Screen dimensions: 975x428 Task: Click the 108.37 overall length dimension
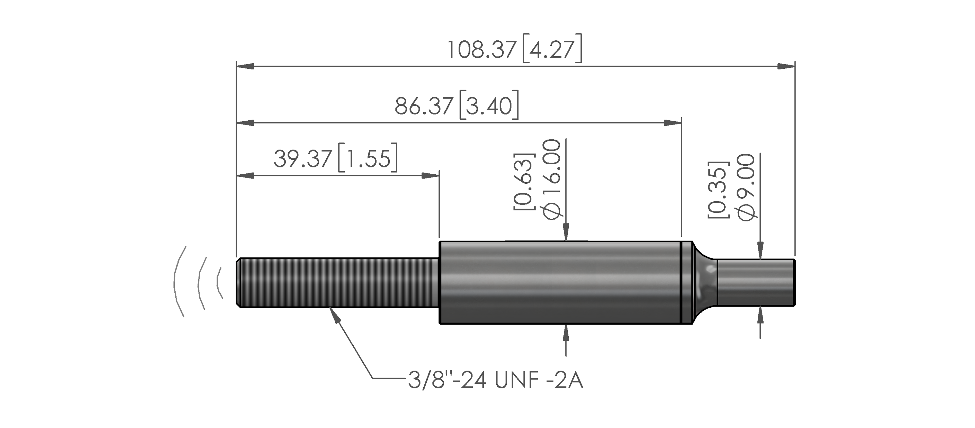pyautogui.click(x=481, y=50)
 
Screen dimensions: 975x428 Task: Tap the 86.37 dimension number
pyautogui.click(x=424, y=106)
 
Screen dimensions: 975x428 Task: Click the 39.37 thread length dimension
pyautogui.click(x=303, y=159)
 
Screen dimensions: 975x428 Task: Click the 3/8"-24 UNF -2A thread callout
pyautogui.click(x=495, y=380)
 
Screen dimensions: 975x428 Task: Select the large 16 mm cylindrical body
pyautogui.click(x=560, y=282)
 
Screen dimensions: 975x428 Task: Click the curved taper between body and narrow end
pyautogui.click(x=705, y=282)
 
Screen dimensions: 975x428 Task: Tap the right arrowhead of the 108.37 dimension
pyautogui.click(x=786, y=66)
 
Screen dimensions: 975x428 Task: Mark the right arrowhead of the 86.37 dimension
pyautogui.click(x=673, y=123)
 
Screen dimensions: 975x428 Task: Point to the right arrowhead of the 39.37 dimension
pyautogui.click(x=430, y=176)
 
